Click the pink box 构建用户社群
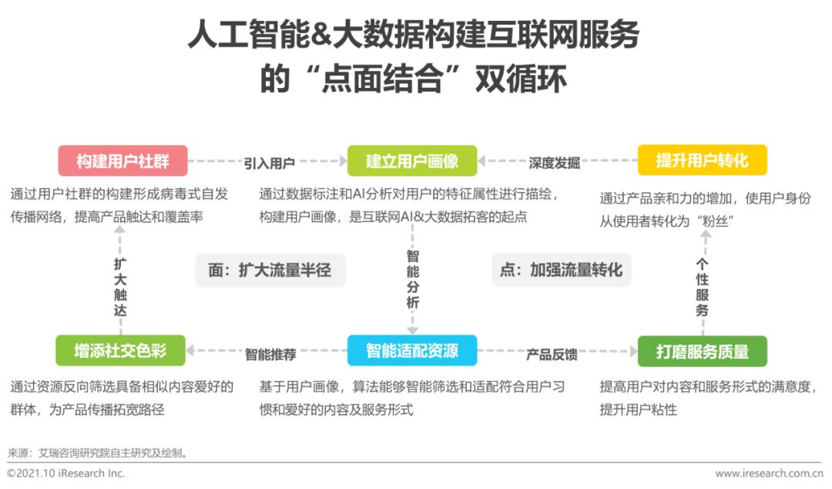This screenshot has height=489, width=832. (x=122, y=160)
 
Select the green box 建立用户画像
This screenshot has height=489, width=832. (x=411, y=160)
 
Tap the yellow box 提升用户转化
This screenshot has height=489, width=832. (x=702, y=160)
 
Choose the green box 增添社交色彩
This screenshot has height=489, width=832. (x=120, y=350)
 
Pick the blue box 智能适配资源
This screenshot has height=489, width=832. (x=411, y=350)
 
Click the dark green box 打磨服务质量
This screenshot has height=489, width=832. (x=702, y=351)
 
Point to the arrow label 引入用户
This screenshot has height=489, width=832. (x=269, y=164)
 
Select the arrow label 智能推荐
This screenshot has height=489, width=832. (x=270, y=354)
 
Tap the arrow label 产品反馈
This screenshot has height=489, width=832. (x=552, y=354)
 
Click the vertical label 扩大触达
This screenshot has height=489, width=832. (x=120, y=287)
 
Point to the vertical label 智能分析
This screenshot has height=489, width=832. (x=412, y=279)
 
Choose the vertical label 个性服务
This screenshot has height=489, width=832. (x=702, y=287)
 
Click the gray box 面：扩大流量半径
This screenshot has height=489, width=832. (x=270, y=270)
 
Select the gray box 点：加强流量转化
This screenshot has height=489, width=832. (x=562, y=270)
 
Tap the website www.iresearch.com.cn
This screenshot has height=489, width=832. (x=769, y=473)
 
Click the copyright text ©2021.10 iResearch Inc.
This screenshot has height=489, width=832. (x=65, y=473)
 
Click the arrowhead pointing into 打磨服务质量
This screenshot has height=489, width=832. (x=633, y=351)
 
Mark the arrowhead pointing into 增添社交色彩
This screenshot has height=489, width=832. (x=190, y=350)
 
